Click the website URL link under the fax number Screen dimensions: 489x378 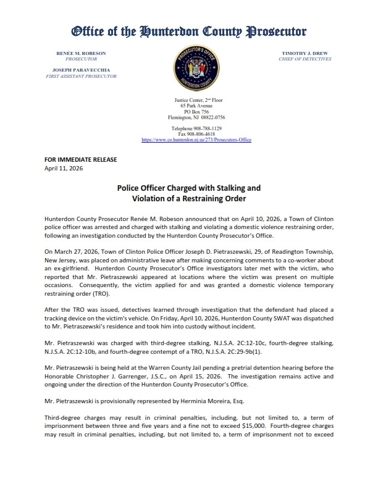(196, 140)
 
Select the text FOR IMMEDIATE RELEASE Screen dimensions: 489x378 (81, 160)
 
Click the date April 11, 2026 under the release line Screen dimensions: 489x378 (64, 168)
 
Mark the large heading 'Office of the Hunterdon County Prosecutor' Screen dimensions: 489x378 (189, 31)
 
